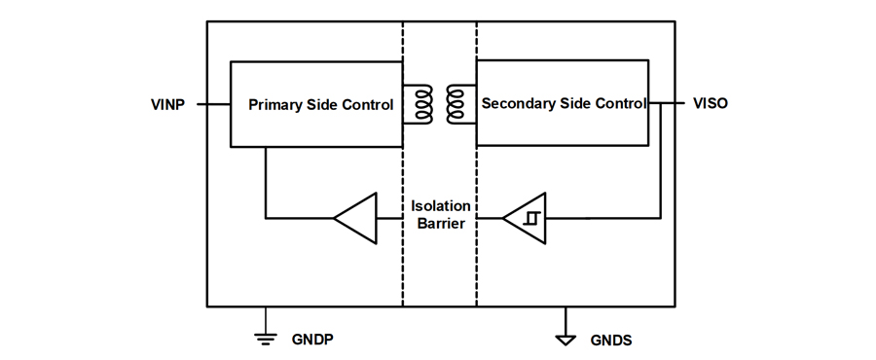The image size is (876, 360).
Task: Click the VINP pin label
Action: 167,104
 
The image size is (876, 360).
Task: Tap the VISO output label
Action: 711,103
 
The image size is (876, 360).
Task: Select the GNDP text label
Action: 312,340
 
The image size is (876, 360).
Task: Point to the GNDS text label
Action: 611,341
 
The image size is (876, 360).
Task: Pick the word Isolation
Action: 441,206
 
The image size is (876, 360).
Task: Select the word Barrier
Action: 441,224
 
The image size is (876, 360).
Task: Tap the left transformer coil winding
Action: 423,104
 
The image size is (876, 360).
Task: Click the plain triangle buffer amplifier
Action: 355,218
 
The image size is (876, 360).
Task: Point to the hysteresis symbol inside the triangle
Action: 529,218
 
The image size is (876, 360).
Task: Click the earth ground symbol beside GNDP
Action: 266,337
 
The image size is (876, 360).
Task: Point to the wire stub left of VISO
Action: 667,103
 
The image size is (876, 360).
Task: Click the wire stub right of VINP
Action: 214,104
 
